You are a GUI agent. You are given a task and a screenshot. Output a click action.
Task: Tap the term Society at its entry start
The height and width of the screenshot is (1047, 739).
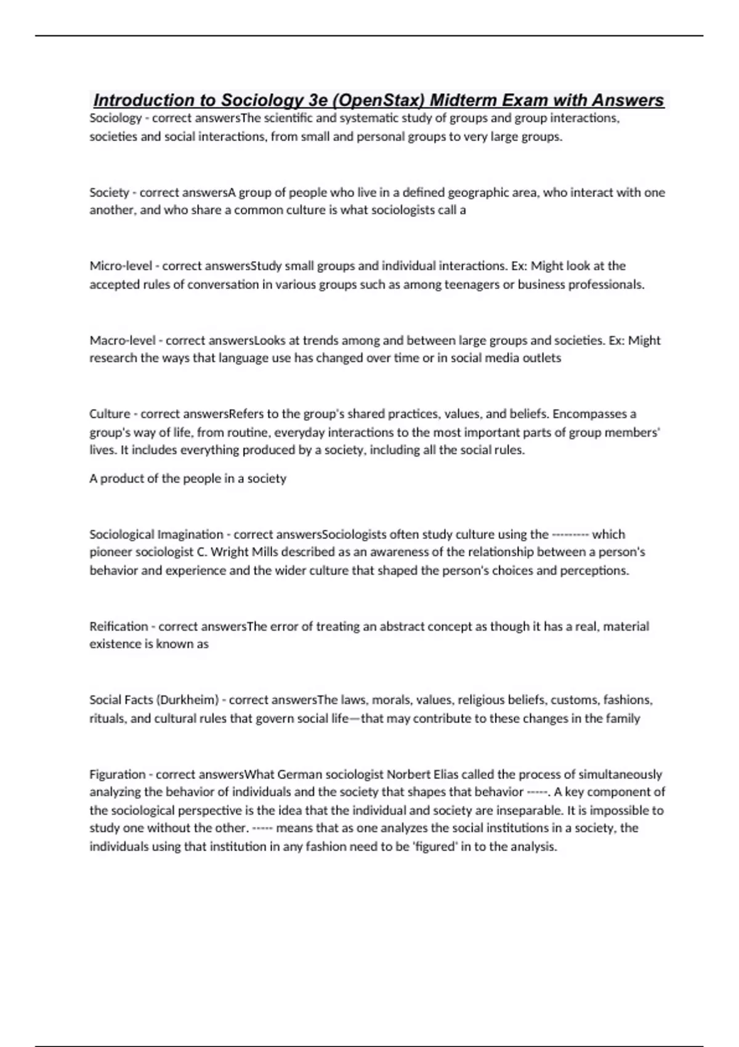coord(109,193)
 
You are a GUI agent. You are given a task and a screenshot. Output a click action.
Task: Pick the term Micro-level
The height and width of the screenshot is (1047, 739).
coord(121,266)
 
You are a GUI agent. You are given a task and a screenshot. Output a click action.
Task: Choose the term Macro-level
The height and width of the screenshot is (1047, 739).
coord(123,341)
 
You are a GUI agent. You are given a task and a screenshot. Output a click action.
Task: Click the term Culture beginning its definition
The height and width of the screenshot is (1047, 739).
coord(110,414)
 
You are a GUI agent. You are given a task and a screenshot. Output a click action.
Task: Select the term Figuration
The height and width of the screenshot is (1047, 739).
coord(118,774)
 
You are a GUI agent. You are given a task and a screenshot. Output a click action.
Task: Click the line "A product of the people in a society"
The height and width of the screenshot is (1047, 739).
coord(188,479)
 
